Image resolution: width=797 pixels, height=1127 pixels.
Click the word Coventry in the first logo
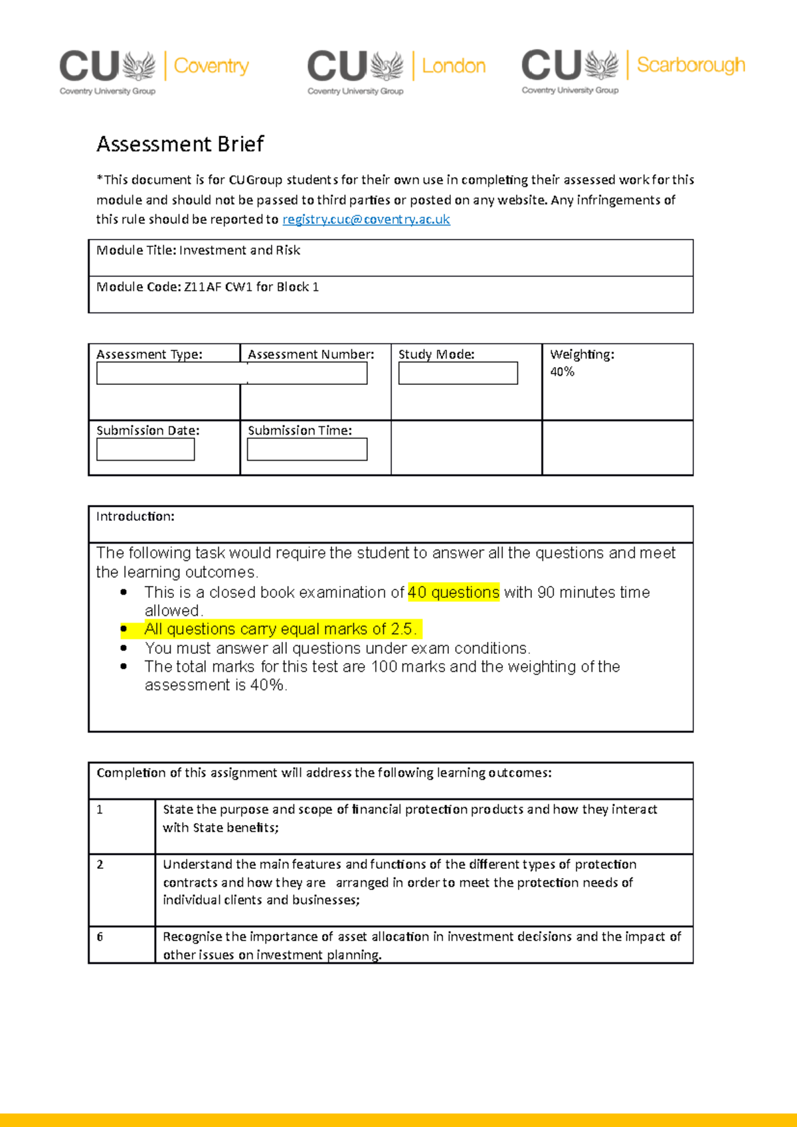211,66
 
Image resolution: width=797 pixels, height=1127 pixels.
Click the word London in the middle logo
454,66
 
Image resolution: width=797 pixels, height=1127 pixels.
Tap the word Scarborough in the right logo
691,64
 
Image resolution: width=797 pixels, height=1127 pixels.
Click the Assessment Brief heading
180,144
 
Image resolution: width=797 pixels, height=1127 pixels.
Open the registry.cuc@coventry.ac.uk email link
366,220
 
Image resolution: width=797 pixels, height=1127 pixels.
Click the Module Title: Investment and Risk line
198,250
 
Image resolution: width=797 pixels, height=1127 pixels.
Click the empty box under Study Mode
458,373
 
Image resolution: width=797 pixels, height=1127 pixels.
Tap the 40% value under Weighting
562,372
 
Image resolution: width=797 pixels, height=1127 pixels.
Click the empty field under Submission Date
145,449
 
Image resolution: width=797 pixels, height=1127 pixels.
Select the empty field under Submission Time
307,449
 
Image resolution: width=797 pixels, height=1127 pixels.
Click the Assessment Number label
310,354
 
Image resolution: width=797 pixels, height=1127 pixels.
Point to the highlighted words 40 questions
453,592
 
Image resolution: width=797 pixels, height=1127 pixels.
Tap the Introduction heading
135,516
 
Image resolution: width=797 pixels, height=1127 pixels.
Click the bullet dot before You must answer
124,648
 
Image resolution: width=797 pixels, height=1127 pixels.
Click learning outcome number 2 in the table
100,864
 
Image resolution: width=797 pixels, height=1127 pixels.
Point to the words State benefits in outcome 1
234,828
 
